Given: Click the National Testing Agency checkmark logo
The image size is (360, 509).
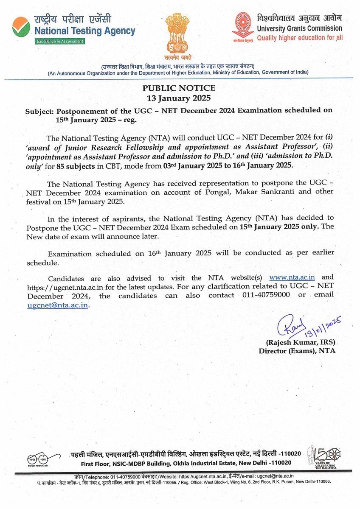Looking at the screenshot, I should pyautogui.click(x=21, y=27).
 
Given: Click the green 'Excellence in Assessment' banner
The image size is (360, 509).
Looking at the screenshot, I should pyautogui.click(x=60, y=41).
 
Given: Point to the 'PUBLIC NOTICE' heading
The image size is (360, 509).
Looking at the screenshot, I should pyautogui.click(x=179, y=88).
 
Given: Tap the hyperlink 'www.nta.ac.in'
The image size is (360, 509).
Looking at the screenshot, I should pyautogui.click(x=292, y=277).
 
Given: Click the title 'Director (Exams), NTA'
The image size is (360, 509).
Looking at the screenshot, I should pyautogui.click(x=297, y=351).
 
